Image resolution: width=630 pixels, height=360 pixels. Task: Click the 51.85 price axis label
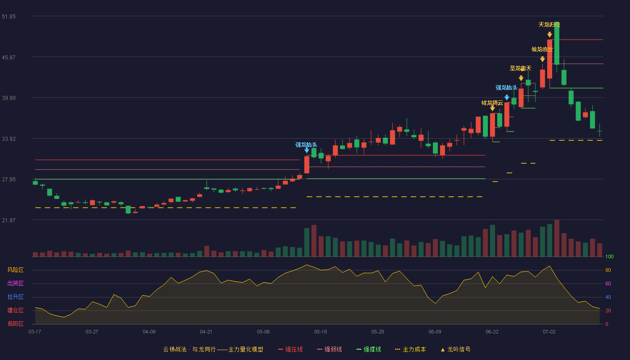(x=9, y=17)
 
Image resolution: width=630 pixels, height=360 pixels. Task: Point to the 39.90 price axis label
(x=9, y=98)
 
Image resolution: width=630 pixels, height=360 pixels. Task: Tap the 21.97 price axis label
(x=9, y=220)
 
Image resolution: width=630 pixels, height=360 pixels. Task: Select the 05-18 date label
(x=320, y=332)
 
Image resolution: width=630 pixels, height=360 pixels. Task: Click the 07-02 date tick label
(x=549, y=332)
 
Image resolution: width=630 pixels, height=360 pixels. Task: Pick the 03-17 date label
(x=35, y=332)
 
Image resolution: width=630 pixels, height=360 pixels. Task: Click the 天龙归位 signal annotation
(x=549, y=25)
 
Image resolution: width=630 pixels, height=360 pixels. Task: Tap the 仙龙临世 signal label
(x=542, y=49)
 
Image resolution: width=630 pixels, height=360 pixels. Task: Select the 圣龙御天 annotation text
(x=521, y=68)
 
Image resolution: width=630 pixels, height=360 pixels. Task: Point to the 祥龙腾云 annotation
(x=492, y=103)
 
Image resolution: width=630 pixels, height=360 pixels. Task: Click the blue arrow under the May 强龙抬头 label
(x=306, y=150)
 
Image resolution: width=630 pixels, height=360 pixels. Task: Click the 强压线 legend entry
(x=290, y=349)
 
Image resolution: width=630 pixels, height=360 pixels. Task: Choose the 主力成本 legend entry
(x=410, y=349)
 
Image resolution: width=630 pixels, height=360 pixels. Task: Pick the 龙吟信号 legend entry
(x=455, y=349)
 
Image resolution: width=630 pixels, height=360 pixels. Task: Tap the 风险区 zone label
(x=15, y=270)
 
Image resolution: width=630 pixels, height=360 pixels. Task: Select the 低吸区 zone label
(x=15, y=324)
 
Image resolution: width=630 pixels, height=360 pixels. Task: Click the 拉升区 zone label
(x=15, y=297)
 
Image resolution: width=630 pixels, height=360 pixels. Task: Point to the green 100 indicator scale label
(x=609, y=256)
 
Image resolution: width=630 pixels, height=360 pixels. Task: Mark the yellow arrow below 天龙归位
(x=549, y=35)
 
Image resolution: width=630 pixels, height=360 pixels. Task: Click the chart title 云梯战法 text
(x=175, y=349)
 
